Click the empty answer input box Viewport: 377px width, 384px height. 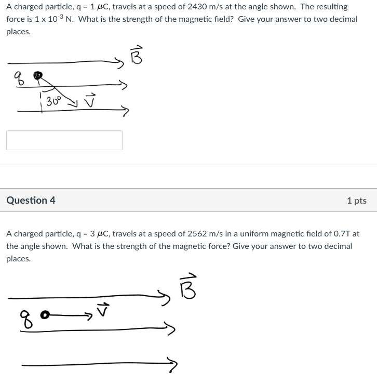(x=64, y=140)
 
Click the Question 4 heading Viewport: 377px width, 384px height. (x=31, y=200)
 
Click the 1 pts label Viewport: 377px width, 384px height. (x=356, y=201)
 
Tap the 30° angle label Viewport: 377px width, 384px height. (x=53, y=101)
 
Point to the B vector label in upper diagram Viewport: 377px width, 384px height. (x=136, y=55)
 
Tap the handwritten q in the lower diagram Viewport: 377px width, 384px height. (x=25, y=316)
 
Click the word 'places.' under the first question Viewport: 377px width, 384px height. (x=18, y=31)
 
